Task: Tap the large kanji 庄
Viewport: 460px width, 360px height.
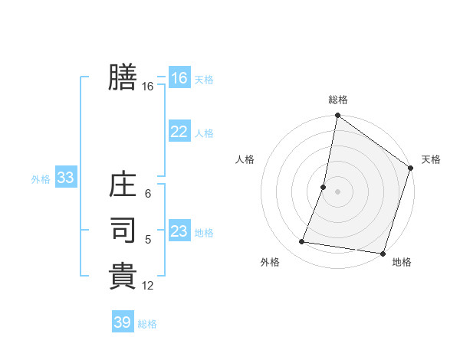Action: click(123, 186)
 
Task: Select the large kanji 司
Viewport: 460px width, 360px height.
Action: click(123, 230)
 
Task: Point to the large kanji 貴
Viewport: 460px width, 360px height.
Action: click(123, 274)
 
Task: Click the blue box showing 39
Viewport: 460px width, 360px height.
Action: click(123, 322)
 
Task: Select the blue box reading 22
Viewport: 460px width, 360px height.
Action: click(179, 132)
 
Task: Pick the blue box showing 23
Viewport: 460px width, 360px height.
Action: click(179, 231)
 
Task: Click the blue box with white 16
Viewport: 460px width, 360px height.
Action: click(179, 78)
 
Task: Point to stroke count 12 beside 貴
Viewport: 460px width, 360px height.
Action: click(148, 286)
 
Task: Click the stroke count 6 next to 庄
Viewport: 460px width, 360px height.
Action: click(147, 194)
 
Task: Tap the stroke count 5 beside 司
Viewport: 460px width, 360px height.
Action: click(147, 240)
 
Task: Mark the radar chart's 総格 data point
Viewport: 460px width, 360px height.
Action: click(337, 116)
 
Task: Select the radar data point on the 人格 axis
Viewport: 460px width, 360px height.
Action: click(324, 187)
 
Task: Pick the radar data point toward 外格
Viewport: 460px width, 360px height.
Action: click(302, 242)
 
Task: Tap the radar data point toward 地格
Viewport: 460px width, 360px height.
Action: click(383, 253)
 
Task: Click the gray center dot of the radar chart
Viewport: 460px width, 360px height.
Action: click(337, 191)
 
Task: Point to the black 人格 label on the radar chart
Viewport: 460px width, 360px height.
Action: click(245, 159)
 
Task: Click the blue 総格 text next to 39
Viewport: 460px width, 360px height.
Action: click(147, 324)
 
